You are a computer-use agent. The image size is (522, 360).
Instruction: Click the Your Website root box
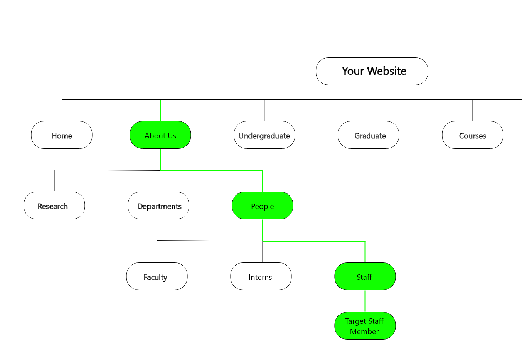point(372,71)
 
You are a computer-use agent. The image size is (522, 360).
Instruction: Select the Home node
point(62,135)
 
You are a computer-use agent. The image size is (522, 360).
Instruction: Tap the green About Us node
point(160,135)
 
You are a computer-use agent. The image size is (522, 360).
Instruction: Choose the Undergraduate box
point(264,135)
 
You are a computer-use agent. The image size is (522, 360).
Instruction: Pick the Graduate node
point(369,135)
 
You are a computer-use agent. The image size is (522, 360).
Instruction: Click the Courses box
point(473,135)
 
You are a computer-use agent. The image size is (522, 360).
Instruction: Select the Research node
point(54,205)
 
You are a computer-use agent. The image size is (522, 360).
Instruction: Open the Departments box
point(158,205)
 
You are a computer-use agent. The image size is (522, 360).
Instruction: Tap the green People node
point(263,205)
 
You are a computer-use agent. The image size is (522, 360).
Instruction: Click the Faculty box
point(157,276)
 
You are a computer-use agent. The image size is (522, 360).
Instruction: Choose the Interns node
point(261,276)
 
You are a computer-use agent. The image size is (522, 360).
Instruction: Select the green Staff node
point(365,276)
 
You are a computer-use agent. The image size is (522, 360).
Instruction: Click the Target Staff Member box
point(365,326)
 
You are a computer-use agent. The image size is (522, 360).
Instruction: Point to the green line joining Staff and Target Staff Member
point(365,301)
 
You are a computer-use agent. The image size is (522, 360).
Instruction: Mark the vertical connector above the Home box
point(62,111)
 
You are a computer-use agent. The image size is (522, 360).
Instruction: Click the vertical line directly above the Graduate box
point(370,111)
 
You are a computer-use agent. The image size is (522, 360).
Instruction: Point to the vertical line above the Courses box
point(473,111)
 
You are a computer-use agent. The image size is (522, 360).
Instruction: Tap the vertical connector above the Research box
point(54,180)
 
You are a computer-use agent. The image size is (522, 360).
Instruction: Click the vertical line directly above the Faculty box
point(157,251)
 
